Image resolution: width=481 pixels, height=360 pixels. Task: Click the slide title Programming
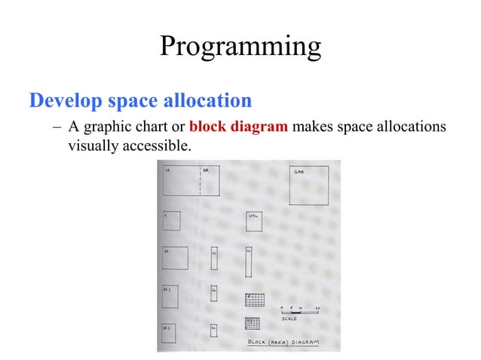coord(240,47)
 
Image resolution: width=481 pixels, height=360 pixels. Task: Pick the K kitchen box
coord(171,221)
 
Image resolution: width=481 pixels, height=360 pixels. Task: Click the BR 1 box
coord(174,258)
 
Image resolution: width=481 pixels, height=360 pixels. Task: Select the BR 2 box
coord(170,296)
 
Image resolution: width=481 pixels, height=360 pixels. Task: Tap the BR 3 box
coord(169,333)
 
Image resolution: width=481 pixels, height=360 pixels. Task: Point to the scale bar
coord(296,313)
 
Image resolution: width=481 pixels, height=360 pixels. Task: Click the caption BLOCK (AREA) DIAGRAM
coord(283,343)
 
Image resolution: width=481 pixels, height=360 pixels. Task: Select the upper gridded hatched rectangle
coord(254,299)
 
